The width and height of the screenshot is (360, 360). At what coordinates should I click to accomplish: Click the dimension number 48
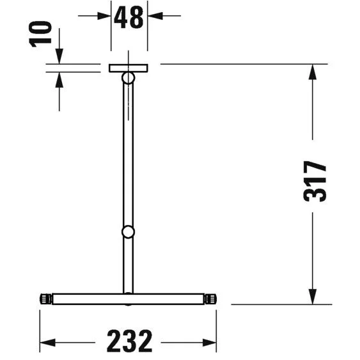coord(129,17)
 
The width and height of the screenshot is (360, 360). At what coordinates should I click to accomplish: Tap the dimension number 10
coord(40,34)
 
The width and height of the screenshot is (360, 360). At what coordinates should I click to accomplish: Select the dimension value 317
coord(315,182)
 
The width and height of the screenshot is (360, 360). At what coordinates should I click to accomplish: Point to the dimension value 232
coord(129,342)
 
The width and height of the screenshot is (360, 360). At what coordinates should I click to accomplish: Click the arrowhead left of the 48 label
coord(104,16)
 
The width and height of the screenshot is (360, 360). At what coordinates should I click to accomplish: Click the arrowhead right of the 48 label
coord(155,16)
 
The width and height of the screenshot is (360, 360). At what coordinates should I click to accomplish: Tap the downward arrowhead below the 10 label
coord(59,56)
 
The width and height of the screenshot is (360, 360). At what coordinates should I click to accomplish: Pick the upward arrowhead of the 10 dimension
coord(59,80)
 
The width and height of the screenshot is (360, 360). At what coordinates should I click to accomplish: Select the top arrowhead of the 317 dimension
coord(313,72)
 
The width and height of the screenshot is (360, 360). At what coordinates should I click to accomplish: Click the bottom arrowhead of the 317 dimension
coord(313,297)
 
